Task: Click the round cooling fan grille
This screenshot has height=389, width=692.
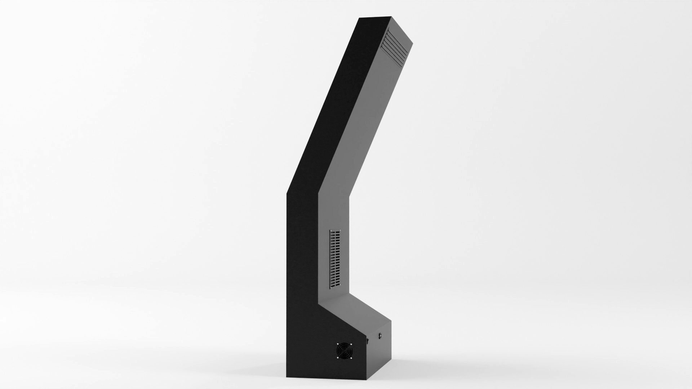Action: [345, 351]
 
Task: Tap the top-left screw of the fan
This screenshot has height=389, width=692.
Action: [338, 344]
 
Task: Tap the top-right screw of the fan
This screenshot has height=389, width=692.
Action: [351, 344]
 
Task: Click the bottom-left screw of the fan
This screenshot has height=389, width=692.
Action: [338, 358]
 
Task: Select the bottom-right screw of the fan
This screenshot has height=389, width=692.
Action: [351, 358]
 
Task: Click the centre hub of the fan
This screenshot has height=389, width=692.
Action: [344, 351]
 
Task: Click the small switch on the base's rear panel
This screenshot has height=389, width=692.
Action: [380, 336]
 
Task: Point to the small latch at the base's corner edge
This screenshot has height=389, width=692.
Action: [367, 341]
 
